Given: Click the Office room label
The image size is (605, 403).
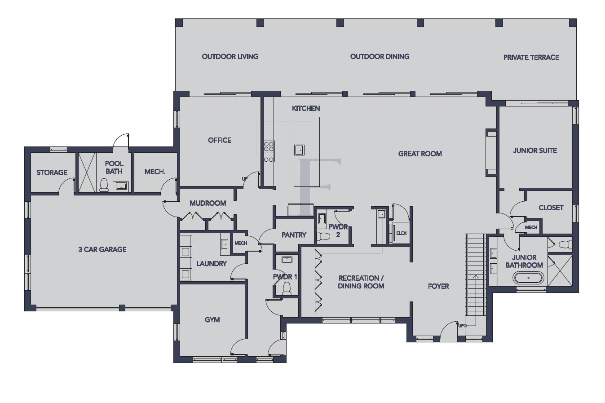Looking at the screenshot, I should (x=219, y=140).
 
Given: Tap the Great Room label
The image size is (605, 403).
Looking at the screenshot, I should (x=420, y=154).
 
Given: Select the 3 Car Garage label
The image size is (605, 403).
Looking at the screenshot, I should (x=102, y=249).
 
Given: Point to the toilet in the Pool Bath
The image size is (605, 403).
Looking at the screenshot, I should (x=104, y=185).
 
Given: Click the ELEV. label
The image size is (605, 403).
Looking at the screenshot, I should (x=401, y=233).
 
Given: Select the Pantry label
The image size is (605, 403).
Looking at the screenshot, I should (x=294, y=235).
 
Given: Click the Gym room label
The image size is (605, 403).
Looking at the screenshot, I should (x=212, y=320).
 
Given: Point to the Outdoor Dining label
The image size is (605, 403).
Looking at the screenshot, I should (x=380, y=57).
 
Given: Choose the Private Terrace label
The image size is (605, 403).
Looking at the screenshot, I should (x=531, y=58).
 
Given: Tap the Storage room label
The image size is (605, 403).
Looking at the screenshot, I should (x=52, y=173).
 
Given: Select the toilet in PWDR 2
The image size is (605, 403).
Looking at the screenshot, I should (x=323, y=236).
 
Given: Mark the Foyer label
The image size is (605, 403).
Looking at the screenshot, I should (x=438, y=286).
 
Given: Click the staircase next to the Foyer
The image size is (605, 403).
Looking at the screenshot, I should (x=475, y=274).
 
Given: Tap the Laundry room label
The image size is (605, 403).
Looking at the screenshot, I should (x=211, y=264).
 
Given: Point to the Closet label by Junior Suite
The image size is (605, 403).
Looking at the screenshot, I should (x=551, y=208).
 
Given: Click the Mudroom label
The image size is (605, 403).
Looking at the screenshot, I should (x=208, y=203).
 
